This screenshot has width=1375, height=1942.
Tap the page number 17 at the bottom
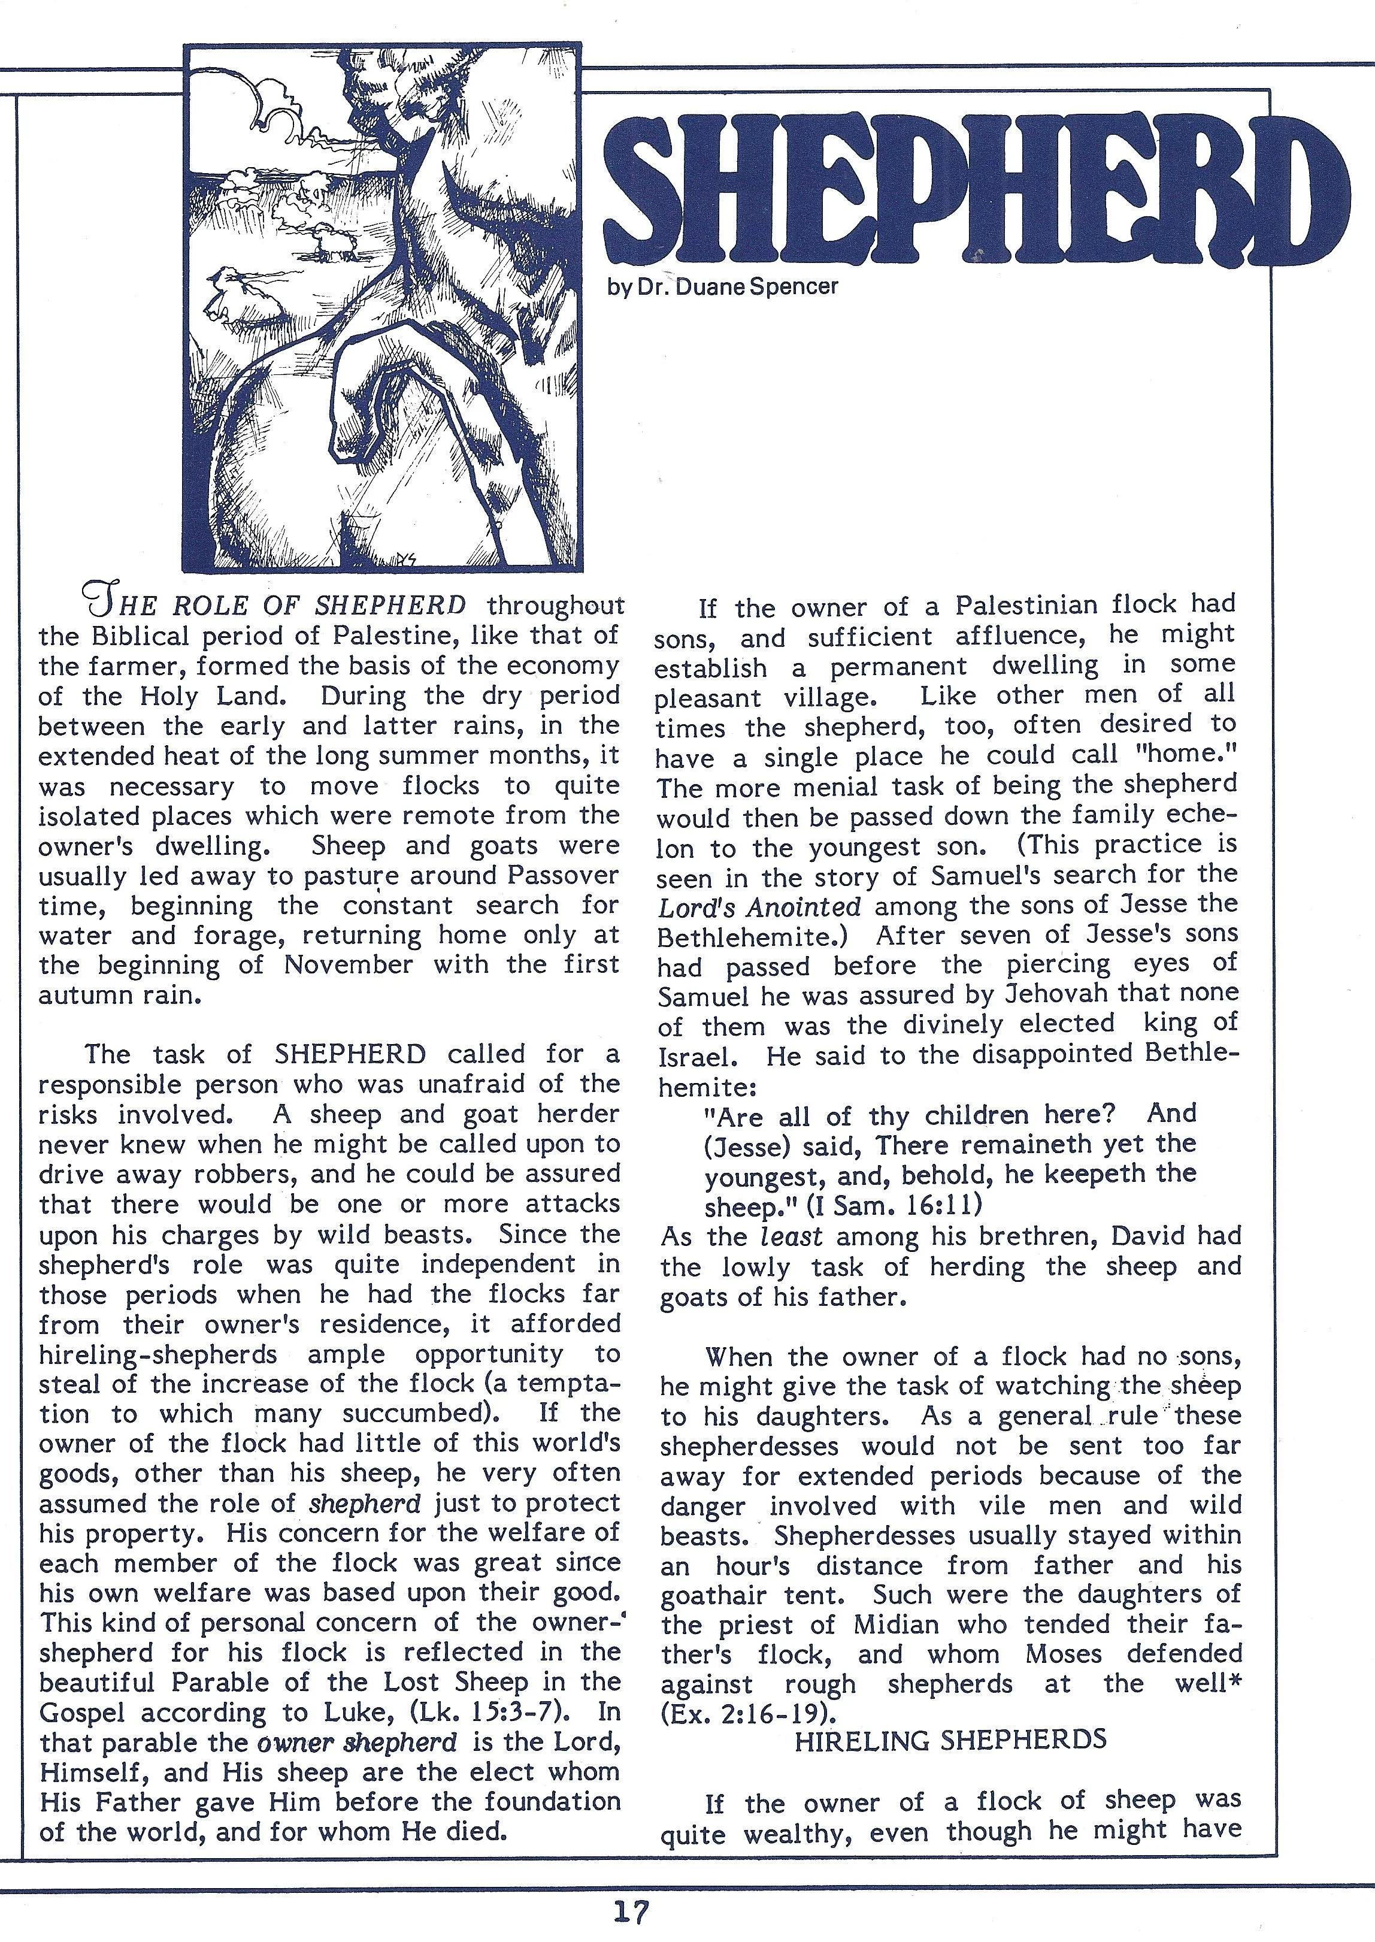point(631,1913)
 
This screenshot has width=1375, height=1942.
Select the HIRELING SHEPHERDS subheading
point(950,1716)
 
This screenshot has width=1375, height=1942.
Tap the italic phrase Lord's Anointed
point(759,907)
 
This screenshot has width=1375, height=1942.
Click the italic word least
point(791,1236)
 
